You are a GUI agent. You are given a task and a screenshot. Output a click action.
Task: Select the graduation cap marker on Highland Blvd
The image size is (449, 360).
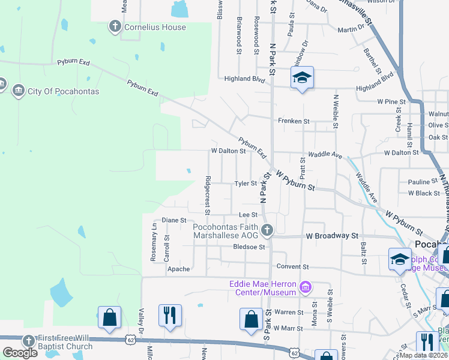tap(302, 77)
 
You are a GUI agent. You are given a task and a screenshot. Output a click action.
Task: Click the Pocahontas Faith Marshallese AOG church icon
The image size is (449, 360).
tap(267, 229)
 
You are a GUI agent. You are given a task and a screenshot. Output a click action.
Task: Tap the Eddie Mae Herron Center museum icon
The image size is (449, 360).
tap(306, 288)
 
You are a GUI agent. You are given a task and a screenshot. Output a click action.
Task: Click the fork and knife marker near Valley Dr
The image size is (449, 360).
tap(170, 316)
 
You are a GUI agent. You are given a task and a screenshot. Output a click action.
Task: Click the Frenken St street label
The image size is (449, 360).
tap(293, 121)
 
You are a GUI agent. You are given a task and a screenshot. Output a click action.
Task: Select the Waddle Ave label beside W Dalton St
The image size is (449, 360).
tap(325, 155)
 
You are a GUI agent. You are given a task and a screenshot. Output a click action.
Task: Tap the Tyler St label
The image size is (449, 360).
tap(246, 184)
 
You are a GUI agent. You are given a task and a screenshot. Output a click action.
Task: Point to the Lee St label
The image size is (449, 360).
tap(231, 214)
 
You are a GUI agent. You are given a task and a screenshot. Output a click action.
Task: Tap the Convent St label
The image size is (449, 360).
tap(292, 266)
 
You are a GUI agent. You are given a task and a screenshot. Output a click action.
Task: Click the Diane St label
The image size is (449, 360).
tap(174, 220)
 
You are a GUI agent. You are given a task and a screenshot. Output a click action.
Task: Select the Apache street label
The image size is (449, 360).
tap(178, 269)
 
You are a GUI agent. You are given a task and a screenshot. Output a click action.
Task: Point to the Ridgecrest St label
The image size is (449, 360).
tap(207, 195)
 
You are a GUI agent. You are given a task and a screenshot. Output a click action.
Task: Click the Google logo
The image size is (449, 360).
tap(20, 352)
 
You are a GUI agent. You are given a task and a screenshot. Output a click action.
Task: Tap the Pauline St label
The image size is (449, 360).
tap(423, 182)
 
